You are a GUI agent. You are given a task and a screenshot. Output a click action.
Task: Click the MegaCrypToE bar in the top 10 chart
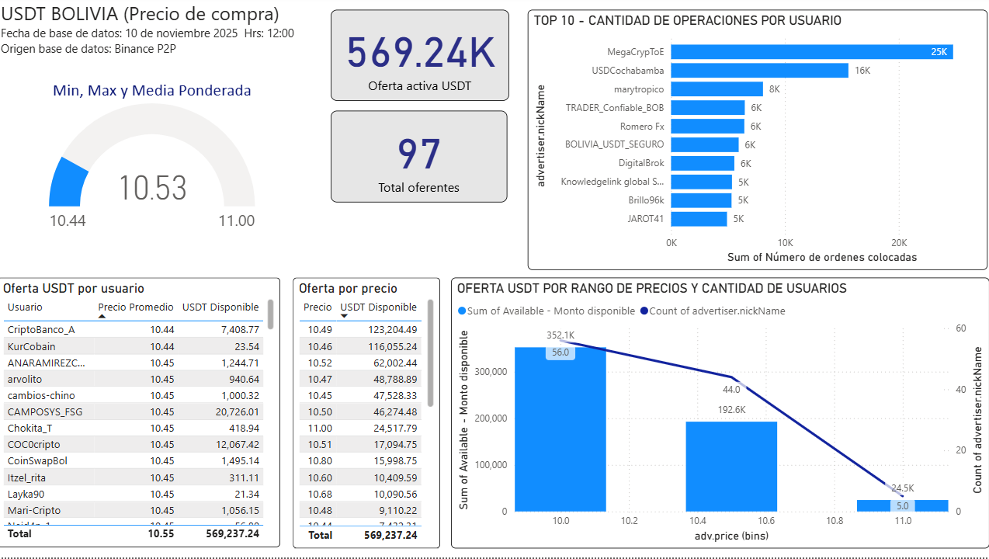click(x=811, y=52)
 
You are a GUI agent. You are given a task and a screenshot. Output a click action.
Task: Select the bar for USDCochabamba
click(x=759, y=71)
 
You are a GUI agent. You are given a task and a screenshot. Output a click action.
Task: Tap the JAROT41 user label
click(x=645, y=219)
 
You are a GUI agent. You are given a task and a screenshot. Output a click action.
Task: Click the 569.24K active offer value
click(x=420, y=53)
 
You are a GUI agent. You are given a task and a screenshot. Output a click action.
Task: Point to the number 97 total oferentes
click(x=419, y=155)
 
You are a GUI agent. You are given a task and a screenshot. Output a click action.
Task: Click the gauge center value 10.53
click(x=153, y=189)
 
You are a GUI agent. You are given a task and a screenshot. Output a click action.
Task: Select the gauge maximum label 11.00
click(x=236, y=221)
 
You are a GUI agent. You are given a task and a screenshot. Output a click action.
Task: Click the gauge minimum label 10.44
click(x=68, y=221)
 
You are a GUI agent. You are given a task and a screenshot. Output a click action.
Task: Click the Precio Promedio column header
click(x=136, y=307)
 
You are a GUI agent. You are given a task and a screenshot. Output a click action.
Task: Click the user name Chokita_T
click(x=29, y=429)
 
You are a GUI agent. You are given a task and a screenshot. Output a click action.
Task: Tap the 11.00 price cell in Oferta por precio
click(x=320, y=429)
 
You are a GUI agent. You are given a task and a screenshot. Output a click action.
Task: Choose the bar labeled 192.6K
click(x=731, y=466)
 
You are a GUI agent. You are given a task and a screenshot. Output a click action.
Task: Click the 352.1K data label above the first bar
click(x=560, y=335)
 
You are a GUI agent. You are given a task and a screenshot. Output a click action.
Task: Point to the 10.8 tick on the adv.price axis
click(x=835, y=521)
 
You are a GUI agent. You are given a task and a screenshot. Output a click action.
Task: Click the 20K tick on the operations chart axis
click(x=899, y=242)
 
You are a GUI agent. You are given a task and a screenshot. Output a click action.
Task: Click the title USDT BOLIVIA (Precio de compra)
click(x=141, y=15)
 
